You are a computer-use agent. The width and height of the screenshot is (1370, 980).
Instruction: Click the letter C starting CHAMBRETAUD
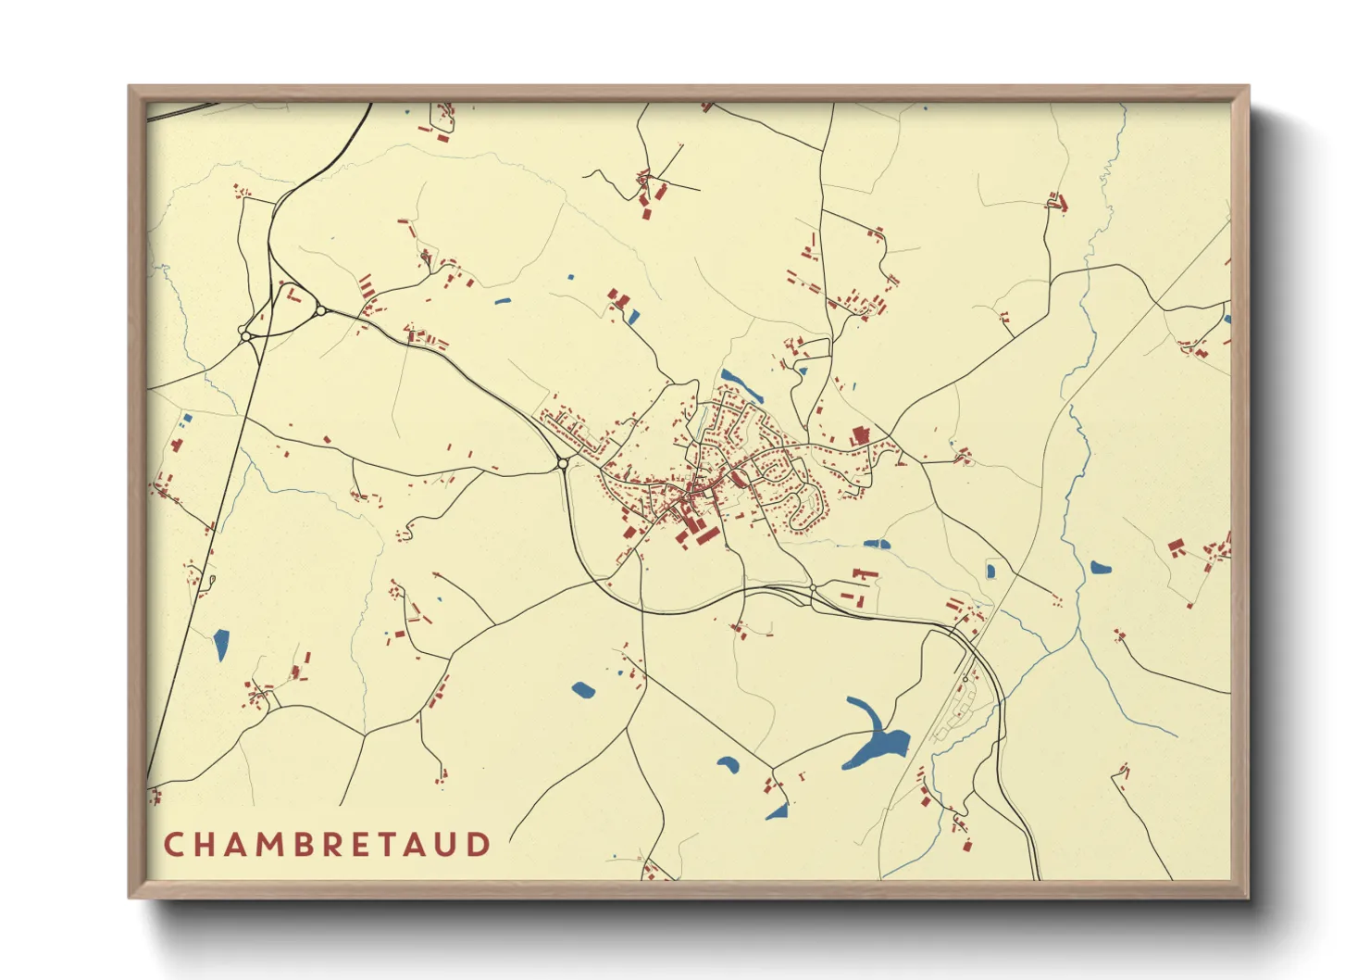click(x=173, y=845)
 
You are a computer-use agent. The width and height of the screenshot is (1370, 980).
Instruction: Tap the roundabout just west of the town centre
click(x=562, y=464)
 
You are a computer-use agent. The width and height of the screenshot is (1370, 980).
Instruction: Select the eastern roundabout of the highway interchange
click(x=320, y=311)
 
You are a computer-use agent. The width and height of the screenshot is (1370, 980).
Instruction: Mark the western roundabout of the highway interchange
click(x=245, y=332)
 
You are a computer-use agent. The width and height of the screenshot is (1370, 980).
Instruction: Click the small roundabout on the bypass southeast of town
click(x=813, y=588)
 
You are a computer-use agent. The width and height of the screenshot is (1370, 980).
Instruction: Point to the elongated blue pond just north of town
click(x=741, y=384)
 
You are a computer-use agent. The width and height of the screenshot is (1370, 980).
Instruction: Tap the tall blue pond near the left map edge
click(x=221, y=645)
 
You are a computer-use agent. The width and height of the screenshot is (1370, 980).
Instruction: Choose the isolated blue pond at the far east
click(x=1100, y=568)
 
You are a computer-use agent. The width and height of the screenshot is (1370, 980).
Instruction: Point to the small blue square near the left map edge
click(x=188, y=418)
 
